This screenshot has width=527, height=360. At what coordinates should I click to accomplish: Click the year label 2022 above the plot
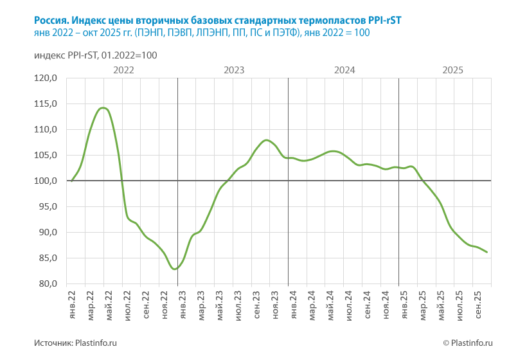pos(123,70)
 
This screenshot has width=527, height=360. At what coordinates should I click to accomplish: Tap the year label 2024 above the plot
pos(345,70)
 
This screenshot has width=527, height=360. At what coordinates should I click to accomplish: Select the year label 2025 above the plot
pos(454,70)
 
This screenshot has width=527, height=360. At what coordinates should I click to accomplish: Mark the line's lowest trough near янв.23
pos(175,269)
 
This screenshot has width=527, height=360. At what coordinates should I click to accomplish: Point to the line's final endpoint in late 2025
pos(487,252)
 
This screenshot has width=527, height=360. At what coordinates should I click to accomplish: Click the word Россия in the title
pos(51,20)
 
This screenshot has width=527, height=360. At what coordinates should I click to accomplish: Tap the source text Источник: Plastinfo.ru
pos(75,344)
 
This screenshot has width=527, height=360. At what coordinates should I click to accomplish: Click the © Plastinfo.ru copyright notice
pos(467,344)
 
